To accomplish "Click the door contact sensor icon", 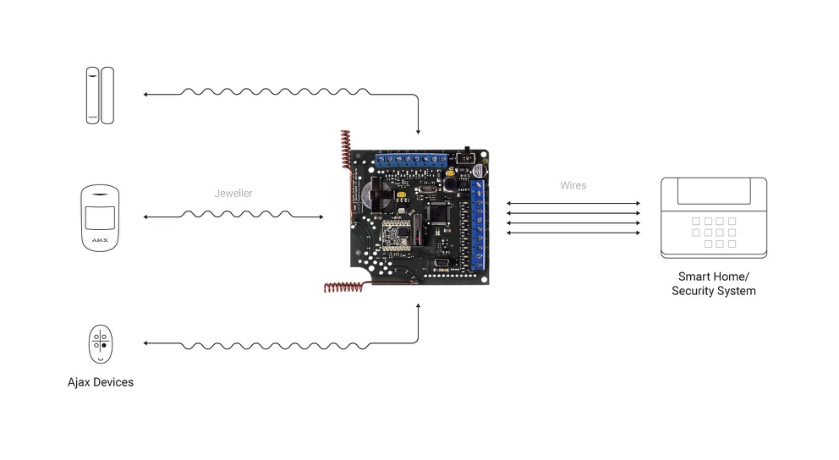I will pyautogui.click(x=99, y=96).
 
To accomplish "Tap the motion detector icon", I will pyautogui.click(x=100, y=217).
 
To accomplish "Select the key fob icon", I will pyautogui.click(x=101, y=344).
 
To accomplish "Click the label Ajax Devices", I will pyautogui.click(x=101, y=382).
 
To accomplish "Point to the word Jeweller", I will pyautogui.click(x=233, y=194).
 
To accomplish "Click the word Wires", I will pyautogui.click(x=573, y=185).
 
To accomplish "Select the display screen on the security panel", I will pyautogui.click(x=713, y=193).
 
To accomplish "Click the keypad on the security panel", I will pyautogui.click(x=713, y=231).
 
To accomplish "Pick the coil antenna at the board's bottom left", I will pyautogui.click(x=342, y=287).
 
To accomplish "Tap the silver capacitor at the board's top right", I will pyautogui.click(x=480, y=170).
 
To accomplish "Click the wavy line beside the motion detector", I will pyautogui.click(x=233, y=216).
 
